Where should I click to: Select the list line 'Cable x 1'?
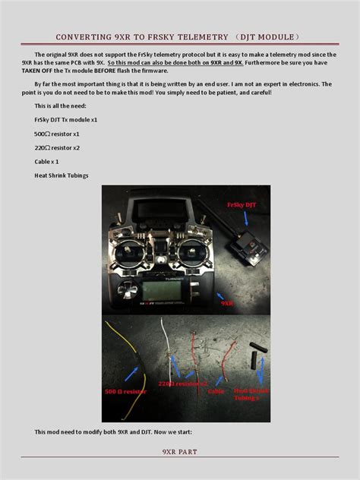(x=46, y=162)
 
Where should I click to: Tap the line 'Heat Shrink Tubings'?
(x=62, y=175)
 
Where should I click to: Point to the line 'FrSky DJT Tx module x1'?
(x=66, y=120)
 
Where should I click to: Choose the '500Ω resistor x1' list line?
(x=57, y=134)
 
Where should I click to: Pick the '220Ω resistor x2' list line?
(x=57, y=147)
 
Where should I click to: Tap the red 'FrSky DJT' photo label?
(x=241, y=204)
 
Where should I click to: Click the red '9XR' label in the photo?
(x=226, y=302)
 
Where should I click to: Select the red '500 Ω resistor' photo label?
(x=125, y=391)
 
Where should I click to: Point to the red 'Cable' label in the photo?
(x=216, y=391)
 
